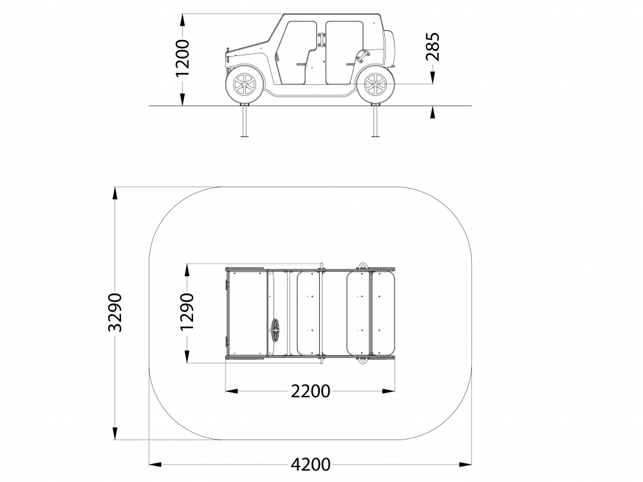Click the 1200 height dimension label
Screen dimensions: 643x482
coord(183,58)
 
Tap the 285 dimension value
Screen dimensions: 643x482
coord(433,47)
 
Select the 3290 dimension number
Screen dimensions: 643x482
coord(115,312)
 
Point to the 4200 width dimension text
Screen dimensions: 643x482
coord(310,465)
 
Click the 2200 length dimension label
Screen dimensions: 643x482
coord(310,391)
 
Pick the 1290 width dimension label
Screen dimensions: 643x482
coord(187,311)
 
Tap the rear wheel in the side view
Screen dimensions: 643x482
coord(375,84)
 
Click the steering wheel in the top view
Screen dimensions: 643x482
coord(275,330)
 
